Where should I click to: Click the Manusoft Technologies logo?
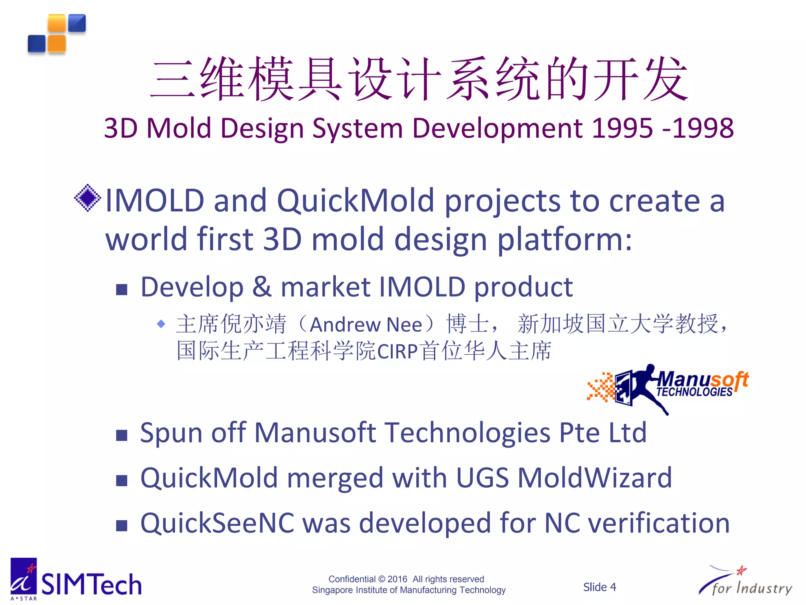pyautogui.click(x=668, y=388)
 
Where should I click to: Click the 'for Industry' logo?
pyautogui.click(x=745, y=582)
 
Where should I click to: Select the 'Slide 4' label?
pyautogui.click(x=599, y=587)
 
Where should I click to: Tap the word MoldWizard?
pyautogui.click(x=595, y=478)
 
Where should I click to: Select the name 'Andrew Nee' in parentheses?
pyautogui.click(x=366, y=325)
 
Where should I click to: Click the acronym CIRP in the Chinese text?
pyautogui.click(x=397, y=351)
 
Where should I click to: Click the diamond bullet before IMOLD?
pyautogui.click(x=87, y=198)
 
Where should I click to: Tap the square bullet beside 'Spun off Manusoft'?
pyautogui.click(x=122, y=435)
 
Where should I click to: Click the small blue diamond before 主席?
pyautogui.click(x=161, y=324)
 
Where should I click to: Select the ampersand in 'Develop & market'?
pyautogui.click(x=262, y=287)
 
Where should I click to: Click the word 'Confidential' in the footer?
pyautogui.click(x=352, y=579)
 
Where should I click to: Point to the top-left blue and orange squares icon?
pyautogui.click(x=57, y=34)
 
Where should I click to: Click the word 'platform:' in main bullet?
pyautogui.click(x=565, y=239)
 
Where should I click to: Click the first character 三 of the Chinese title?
pyautogui.click(x=172, y=79)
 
